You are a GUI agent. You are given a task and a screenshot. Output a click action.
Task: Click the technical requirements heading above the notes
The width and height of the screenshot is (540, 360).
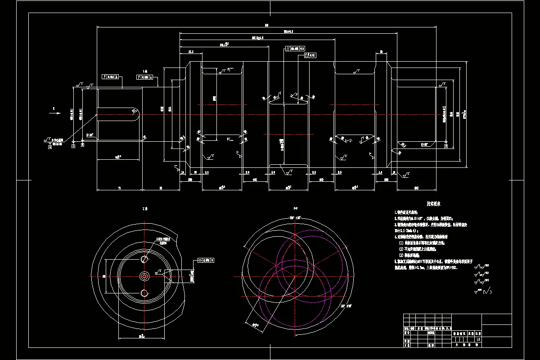pos(433,204)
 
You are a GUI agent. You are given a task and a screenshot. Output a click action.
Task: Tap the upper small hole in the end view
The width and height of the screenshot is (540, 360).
pos(144,259)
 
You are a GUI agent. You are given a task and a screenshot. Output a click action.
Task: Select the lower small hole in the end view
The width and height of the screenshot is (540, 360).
pos(144,293)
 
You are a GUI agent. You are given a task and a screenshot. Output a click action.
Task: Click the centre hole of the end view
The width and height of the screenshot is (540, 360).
pos(144,276)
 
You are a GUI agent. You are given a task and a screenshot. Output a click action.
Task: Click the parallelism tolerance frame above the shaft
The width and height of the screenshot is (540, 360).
pos(295,48)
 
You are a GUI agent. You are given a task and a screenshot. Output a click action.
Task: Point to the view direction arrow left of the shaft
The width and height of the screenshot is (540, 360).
pos(54,114)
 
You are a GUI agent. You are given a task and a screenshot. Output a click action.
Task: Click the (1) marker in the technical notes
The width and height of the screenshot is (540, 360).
pos(401,243)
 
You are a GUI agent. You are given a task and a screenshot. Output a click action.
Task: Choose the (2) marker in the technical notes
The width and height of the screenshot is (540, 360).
pos(401,248)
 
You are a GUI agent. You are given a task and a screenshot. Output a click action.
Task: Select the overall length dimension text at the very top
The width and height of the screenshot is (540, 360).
pos(267,25)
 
